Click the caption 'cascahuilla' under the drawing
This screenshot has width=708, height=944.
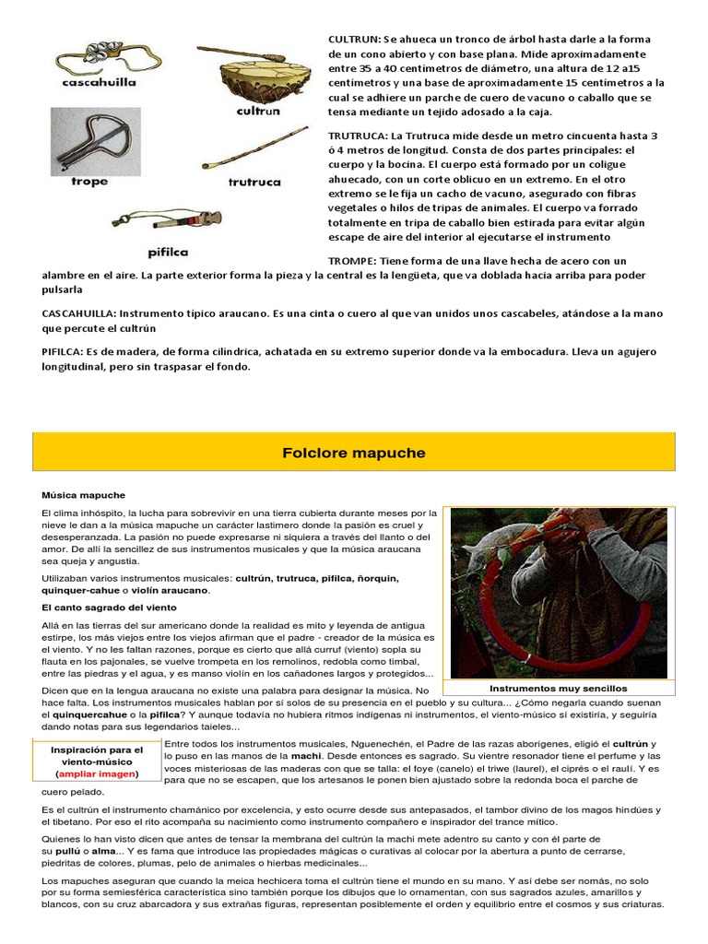98,81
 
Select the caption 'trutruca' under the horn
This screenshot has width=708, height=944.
254,183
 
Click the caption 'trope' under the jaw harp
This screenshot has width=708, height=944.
89,182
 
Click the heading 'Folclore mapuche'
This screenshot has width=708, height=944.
354,453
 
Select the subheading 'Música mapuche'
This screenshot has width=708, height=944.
83,495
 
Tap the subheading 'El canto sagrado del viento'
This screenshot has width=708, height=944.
109,608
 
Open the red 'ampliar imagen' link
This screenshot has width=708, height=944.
97,773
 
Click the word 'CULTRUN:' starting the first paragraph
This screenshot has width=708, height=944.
354,40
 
